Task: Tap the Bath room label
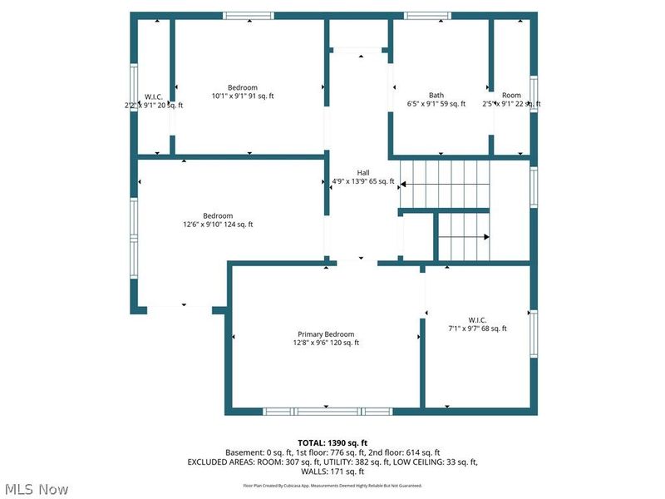pos(436,95)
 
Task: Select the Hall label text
pos(363,172)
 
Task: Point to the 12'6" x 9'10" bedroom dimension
pos(219,225)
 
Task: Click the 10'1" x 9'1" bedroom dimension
pos(243,96)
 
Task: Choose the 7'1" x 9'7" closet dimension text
pos(477,329)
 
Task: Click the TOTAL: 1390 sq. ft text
pos(332,442)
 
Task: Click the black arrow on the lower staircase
pos(485,237)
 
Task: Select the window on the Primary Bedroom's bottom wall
pos(328,410)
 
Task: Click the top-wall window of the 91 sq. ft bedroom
pos(249,15)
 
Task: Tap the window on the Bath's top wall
pos(428,15)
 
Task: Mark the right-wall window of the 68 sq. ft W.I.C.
pos(534,333)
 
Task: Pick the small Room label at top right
pos(511,95)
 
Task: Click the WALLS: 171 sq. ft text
pos(332,472)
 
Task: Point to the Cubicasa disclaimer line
pos(332,485)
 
